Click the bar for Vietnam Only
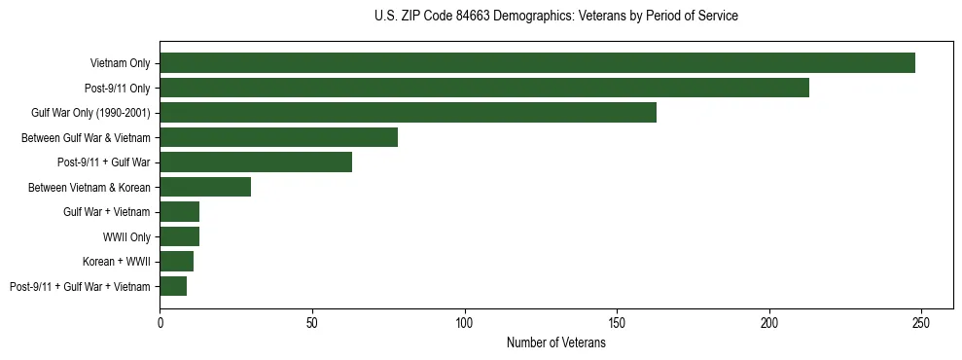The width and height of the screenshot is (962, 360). pyautogui.click(x=537, y=63)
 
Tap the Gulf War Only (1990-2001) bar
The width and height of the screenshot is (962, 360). pyautogui.click(x=408, y=113)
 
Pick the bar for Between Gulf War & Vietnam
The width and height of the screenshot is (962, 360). pyautogui.click(x=278, y=137)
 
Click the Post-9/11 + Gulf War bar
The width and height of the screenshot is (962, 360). pyautogui.click(x=256, y=162)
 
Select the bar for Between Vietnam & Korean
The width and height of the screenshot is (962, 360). pyautogui.click(x=205, y=187)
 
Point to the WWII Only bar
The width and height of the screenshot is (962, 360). pyautogui.click(x=179, y=236)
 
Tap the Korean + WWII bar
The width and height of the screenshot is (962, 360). pyautogui.click(x=176, y=262)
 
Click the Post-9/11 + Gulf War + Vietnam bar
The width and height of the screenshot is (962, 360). pyautogui.click(x=173, y=286)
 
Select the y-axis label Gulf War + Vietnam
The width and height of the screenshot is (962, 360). pyautogui.click(x=107, y=212)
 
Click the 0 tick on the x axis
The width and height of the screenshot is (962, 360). pyautogui.click(x=160, y=319)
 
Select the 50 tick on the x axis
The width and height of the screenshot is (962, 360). pyautogui.click(x=312, y=319)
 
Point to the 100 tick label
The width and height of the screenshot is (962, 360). pyautogui.click(x=464, y=319)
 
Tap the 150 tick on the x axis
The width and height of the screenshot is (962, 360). pyautogui.click(x=617, y=319)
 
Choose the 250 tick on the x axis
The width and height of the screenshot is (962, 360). pyautogui.click(x=921, y=319)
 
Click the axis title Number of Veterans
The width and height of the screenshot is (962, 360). pyautogui.click(x=555, y=342)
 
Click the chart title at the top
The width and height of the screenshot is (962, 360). pyautogui.click(x=555, y=17)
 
